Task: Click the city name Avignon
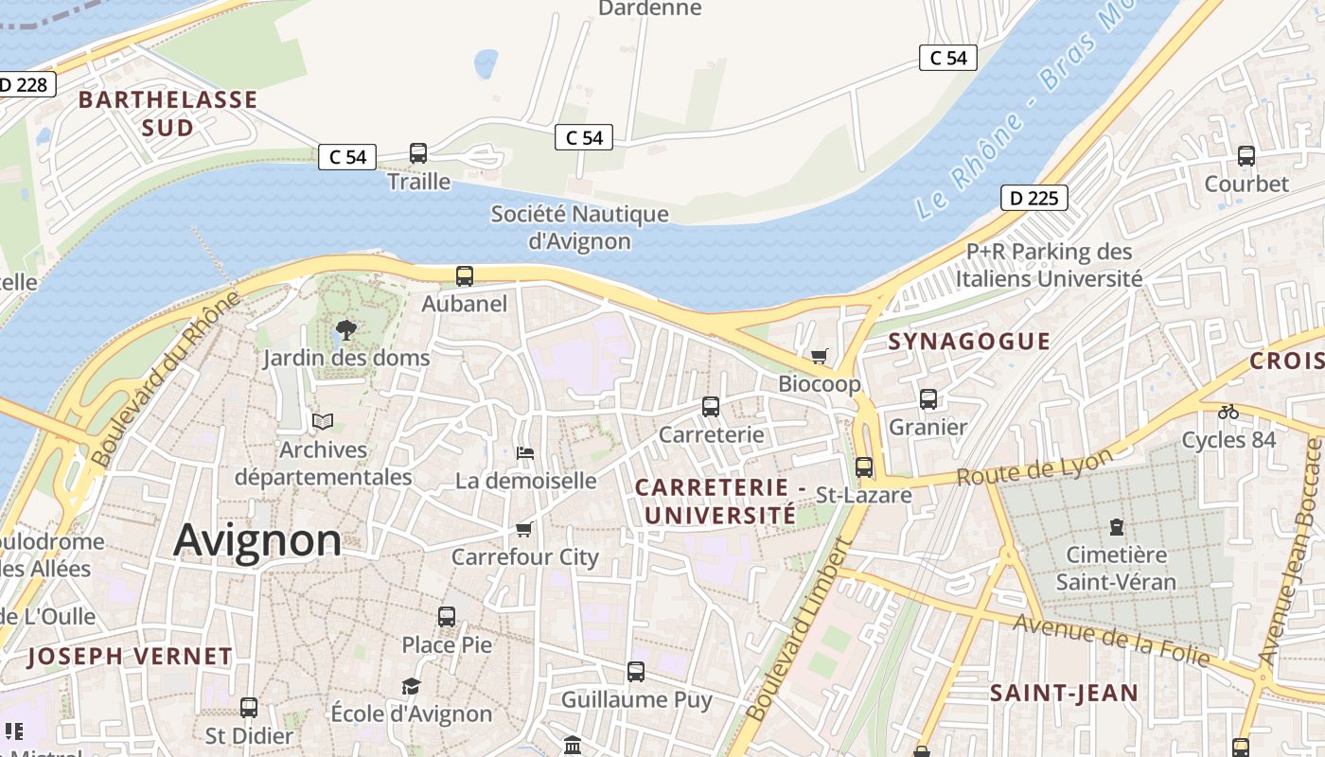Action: pyautogui.click(x=257, y=540)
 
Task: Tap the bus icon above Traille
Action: pyautogui.click(x=417, y=153)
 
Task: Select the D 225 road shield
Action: pyautogui.click(x=1034, y=198)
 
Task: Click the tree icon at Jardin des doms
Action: pyautogui.click(x=346, y=330)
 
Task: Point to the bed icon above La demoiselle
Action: pyautogui.click(x=525, y=453)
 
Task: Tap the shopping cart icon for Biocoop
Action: pyautogui.click(x=819, y=357)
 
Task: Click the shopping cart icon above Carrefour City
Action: pyautogui.click(x=524, y=529)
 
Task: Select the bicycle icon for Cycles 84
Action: pyautogui.click(x=1228, y=412)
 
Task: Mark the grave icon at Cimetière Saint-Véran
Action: pyautogui.click(x=1116, y=526)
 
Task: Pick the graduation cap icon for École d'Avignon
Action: pyautogui.click(x=411, y=686)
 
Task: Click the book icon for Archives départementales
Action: pyautogui.click(x=323, y=421)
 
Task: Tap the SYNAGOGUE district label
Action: pyautogui.click(x=969, y=342)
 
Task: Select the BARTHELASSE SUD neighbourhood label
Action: pyautogui.click(x=168, y=114)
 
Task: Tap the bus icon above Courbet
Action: pyautogui.click(x=1246, y=156)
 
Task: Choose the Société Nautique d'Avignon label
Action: pyautogui.click(x=579, y=228)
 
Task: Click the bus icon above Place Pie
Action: pyautogui.click(x=447, y=617)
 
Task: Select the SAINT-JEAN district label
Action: pyautogui.click(x=1064, y=693)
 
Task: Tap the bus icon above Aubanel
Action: pyautogui.click(x=465, y=276)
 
